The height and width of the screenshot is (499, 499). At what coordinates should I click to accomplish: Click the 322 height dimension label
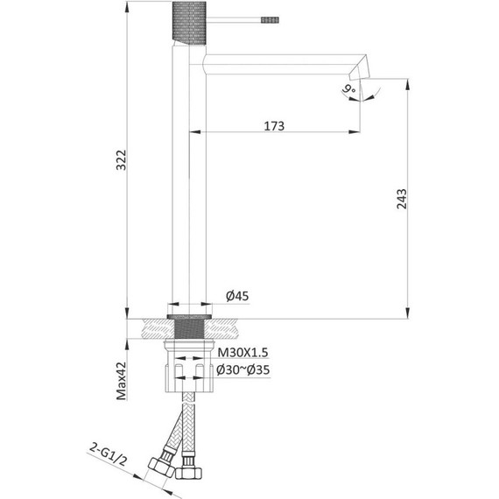tap(121, 160)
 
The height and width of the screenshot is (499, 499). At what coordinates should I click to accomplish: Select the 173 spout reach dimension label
tap(274, 126)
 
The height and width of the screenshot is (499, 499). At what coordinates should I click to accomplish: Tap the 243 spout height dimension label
tap(402, 199)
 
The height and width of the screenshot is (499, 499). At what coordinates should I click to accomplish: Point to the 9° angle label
tap(349, 88)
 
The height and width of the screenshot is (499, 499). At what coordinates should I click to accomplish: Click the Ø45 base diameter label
tap(237, 296)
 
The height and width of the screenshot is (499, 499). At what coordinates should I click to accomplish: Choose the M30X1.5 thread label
tap(242, 353)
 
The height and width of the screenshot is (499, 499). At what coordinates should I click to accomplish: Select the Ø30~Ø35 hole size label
tap(242, 369)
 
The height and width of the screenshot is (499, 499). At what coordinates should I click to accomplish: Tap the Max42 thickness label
tap(122, 381)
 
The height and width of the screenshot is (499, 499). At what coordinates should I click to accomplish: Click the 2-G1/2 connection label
tap(108, 454)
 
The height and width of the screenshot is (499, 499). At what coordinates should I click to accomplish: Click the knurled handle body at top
tap(189, 23)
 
